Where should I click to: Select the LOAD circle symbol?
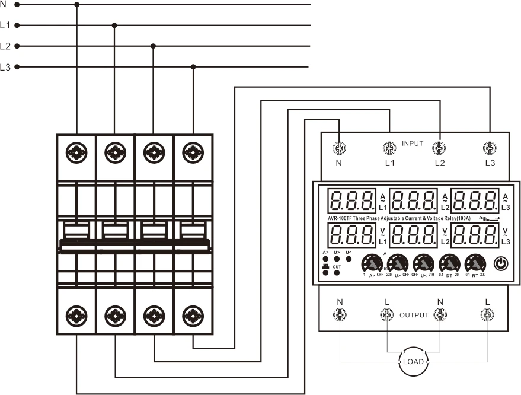tap(413, 361)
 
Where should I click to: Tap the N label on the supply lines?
tap(4, 4)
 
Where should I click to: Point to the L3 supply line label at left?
tap(5, 67)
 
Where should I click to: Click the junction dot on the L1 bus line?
tap(114, 25)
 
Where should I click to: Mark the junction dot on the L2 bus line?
tap(154, 46)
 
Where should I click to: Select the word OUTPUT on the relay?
tap(413, 315)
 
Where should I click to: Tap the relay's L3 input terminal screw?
tap(489, 148)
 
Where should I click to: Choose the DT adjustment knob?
tap(449, 263)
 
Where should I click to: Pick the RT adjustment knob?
tap(475, 263)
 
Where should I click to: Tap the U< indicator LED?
tap(348, 259)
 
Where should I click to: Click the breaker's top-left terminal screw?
tap(77, 152)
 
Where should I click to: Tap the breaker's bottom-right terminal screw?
tap(193, 314)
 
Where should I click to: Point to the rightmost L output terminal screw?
tap(487, 316)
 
